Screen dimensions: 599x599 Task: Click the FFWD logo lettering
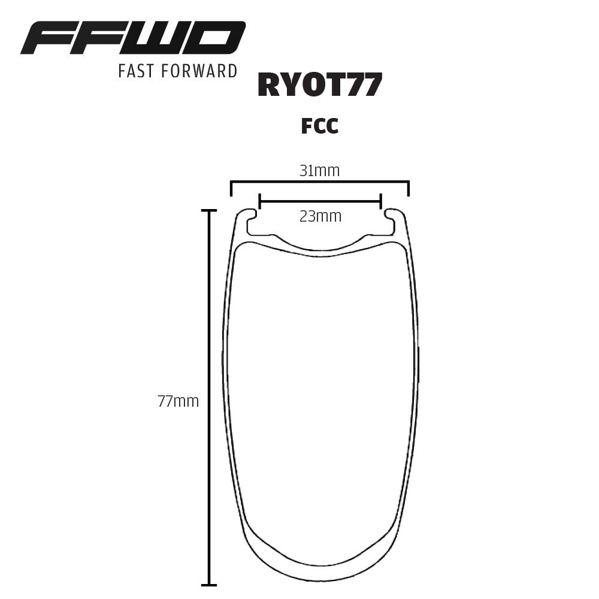pyautogui.click(x=133, y=38)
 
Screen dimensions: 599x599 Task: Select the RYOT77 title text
pyautogui.click(x=319, y=86)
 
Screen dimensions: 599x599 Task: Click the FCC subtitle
pyautogui.click(x=320, y=126)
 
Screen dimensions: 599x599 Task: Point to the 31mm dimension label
pyautogui.click(x=319, y=171)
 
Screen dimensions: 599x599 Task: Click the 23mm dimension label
pyautogui.click(x=320, y=216)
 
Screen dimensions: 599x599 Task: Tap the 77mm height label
pyautogui.click(x=178, y=401)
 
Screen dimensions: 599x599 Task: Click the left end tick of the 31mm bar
pyautogui.click(x=231, y=188)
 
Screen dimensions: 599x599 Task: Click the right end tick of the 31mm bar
pyautogui.click(x=409, y=188)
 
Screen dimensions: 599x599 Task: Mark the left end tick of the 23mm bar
pyautogui.click(x=259, y=201)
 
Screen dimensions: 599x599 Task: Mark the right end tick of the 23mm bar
pyautogui.click(x=381, y=201)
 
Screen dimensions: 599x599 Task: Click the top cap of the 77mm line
pyautogui.click(x=208, y=211)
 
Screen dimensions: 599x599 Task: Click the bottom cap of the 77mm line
pyautogui.click(x=208, y=585)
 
